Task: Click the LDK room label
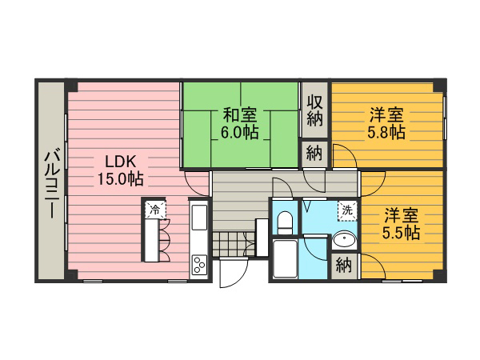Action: (x=120, y=162)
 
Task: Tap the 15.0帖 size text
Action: (x=120, y=179)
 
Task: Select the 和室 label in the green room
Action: (x=239, y=115)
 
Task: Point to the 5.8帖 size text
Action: (x=386, y=133)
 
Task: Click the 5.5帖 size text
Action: (x=401, y=233)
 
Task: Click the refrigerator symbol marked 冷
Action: (x=155, y=210)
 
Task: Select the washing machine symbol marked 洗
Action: (x=347, y=210)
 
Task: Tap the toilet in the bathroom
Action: (x=285, y=222)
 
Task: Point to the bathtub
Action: (x=285, y=259)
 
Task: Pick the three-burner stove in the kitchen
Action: (x=199, y=265)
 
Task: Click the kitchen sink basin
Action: (x=199, y=218)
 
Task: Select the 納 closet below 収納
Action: (x=314, y=154)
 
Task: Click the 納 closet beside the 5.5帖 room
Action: (x=343, y=265)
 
